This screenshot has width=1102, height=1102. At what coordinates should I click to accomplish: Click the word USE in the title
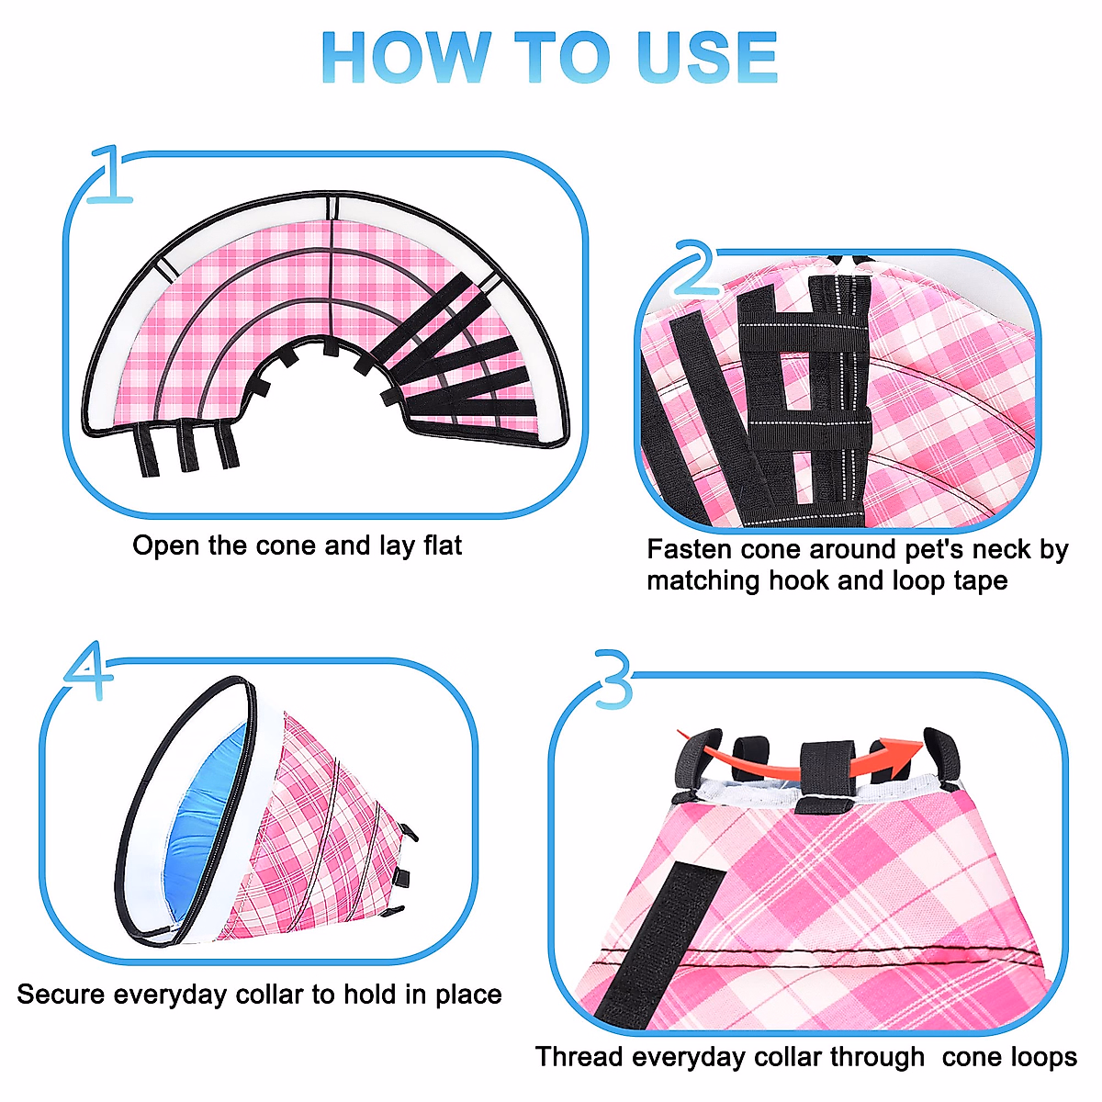tap(706, 58)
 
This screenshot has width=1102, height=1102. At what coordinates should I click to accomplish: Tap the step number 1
tap(110, 174)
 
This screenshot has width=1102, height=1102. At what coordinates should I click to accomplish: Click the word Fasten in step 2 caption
tap(691, 549)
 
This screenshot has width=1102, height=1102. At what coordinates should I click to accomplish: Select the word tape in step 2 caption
tap(980, 580)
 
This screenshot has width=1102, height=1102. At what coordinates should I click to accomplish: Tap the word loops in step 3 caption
tap(1042, 1057)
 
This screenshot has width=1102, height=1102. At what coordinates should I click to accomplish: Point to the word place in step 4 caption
tap(467, 995)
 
